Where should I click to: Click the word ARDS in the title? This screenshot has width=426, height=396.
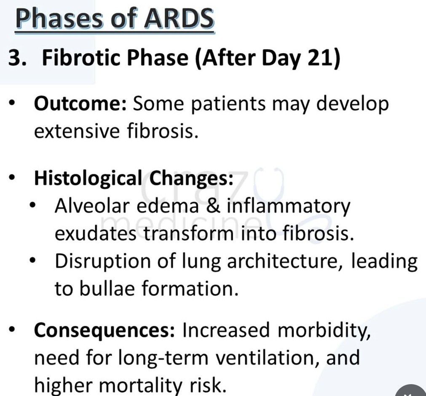[179, 18]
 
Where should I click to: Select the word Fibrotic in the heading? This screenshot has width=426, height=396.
[81, 58]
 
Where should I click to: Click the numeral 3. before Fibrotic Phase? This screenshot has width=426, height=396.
[18, 58]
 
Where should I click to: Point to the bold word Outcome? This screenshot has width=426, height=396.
[80, 103]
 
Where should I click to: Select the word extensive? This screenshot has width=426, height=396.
[77, 131]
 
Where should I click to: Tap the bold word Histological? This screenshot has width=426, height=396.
[88, 179]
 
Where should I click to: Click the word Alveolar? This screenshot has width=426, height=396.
[92, 206]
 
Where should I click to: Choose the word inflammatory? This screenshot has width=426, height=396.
[289, 206]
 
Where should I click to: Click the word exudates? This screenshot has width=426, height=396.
[96, 233]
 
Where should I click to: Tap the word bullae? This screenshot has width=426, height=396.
[107, 288]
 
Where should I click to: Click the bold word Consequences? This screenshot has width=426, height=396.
[104, 330]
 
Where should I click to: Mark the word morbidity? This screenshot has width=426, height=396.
[324, 330]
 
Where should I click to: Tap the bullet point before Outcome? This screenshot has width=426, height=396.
[12, 104]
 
